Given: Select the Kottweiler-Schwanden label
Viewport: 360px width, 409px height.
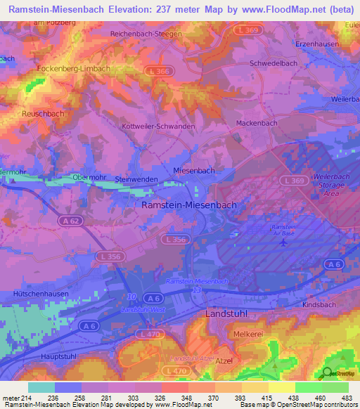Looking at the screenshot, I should point(158,126).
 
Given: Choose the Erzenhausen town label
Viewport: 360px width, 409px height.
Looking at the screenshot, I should point(313,44).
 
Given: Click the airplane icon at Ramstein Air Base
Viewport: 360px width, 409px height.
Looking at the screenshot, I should point(283,243).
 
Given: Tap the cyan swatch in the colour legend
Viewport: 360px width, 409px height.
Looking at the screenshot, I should point(41,387).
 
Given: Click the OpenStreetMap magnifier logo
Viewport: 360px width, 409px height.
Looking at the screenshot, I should point(328,373).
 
